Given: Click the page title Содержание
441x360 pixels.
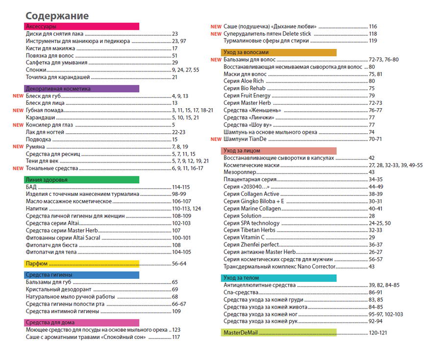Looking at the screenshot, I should [57, 15].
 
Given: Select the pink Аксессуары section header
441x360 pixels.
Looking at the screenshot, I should [81, 26].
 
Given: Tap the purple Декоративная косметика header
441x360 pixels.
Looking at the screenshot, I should [81, 89].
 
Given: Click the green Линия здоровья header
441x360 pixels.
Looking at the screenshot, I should [81, 180].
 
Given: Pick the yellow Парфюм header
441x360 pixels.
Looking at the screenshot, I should [81, 264].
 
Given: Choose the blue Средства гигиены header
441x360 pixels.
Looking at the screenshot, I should [81, 274].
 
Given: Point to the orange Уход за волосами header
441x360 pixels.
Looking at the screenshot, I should [278, 52].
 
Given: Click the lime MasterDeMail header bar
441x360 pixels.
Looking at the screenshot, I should [278, 333].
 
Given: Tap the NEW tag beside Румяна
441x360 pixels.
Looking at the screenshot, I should [18, 146].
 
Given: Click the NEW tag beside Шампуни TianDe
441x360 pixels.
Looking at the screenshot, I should [216, 139].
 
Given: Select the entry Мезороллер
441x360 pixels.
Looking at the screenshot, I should [238, 172].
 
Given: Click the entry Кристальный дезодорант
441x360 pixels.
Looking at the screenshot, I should [54, 289].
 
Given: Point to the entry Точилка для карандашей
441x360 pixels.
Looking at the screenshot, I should [57, 77].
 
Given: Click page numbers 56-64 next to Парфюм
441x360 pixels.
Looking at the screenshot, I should [179, 264].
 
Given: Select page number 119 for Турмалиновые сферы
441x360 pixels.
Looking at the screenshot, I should [373, 41].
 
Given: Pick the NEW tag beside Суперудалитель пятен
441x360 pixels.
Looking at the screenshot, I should [216, 34].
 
